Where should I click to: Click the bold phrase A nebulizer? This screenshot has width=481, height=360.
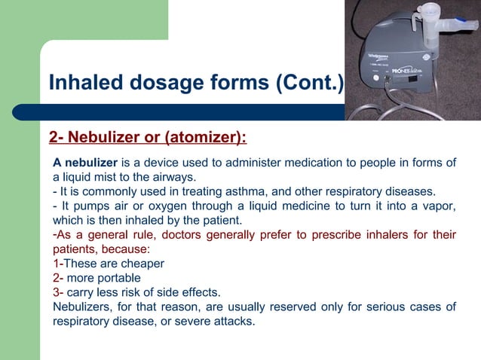[x=85, y=163]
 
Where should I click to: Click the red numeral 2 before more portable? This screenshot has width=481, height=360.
[x=56, y=278]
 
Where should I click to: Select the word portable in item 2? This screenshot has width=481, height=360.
[x=119, y=278]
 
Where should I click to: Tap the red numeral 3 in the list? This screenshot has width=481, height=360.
[x=56, y=292]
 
